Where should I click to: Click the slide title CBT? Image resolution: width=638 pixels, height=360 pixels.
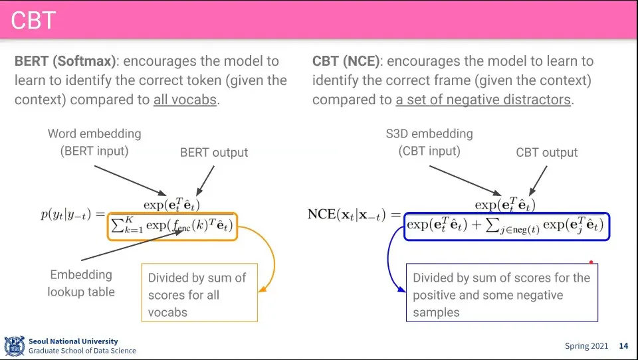click(x=33, y=21)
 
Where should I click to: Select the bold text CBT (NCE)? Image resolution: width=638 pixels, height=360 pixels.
click(x=346, y=62)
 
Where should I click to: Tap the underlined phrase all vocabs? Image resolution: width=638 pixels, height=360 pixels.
click(x=185, y=100)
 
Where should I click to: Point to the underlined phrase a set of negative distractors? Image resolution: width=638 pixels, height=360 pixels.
click(x=483, y=100)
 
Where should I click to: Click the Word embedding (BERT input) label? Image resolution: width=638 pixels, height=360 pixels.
click(x=94, y=141)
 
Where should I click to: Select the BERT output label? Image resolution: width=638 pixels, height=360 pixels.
click(x=214, y=153)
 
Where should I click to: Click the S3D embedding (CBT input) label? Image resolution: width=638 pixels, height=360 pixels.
click(x=429, y=141)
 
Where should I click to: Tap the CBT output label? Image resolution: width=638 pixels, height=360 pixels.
click(x=547, y=153)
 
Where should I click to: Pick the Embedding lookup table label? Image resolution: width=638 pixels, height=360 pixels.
click(x=81, y=283)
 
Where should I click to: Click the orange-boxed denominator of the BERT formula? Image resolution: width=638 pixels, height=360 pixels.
click(x=171, y=226)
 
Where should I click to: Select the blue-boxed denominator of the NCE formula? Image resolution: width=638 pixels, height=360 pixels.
click(x=506, y=226)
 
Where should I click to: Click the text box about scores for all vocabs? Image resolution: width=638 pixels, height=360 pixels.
click(x=199, y=294)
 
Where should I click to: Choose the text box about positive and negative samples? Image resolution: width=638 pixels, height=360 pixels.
click(x=502, y=294)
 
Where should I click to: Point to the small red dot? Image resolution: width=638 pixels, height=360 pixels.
click(x=591, y=262)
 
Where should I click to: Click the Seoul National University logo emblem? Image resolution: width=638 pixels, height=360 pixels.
click(x=15, y=346)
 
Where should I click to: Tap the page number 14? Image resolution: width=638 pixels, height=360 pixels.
click(x=623, y=346)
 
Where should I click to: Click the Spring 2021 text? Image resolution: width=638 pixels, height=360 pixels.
click(x=586, y=346)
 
